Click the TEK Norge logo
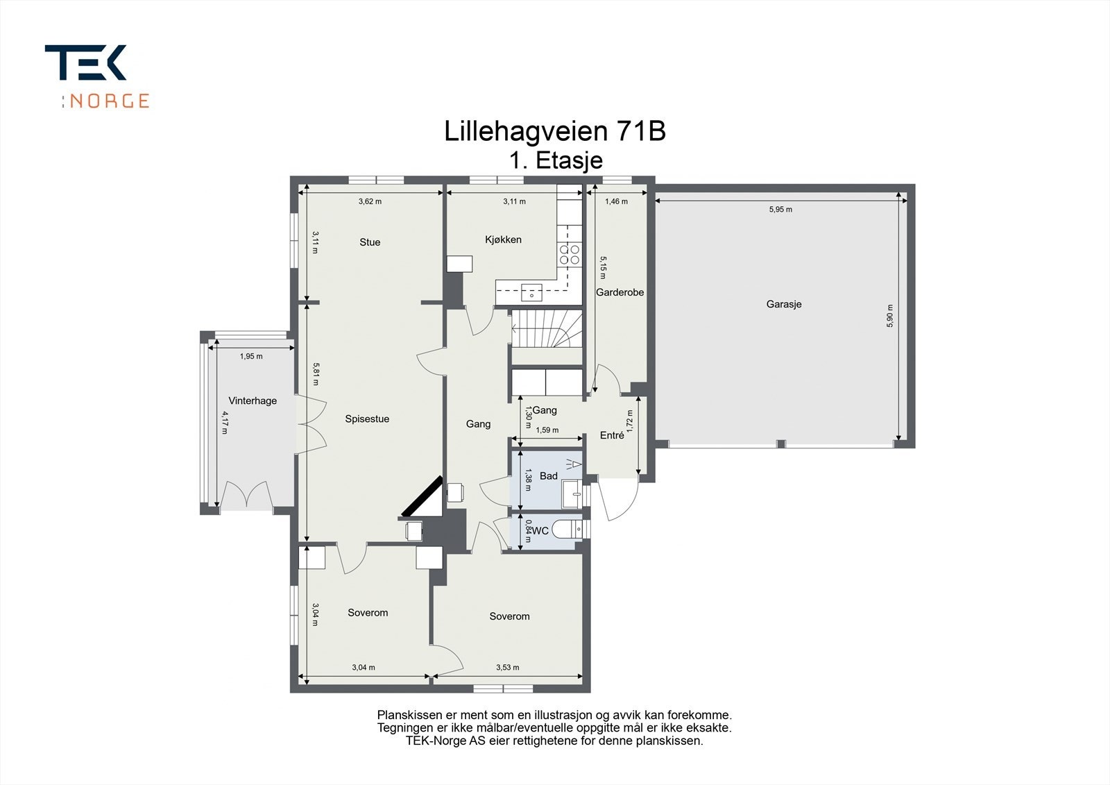point(96,76)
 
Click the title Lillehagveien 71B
point(555,131)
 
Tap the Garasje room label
point(784,304)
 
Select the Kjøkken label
point(503,239)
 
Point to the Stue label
point(370,242)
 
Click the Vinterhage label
point(253,400)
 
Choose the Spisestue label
point(367,419)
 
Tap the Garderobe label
point(620,292)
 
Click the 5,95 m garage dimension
point(780,209)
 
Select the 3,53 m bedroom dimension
point(507,668)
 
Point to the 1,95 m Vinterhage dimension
point(251,356)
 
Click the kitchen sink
point(532,291)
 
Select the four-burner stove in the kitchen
point(570,255)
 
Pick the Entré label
point(612,435)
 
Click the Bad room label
point(548,476)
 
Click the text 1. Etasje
point(555,160)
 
